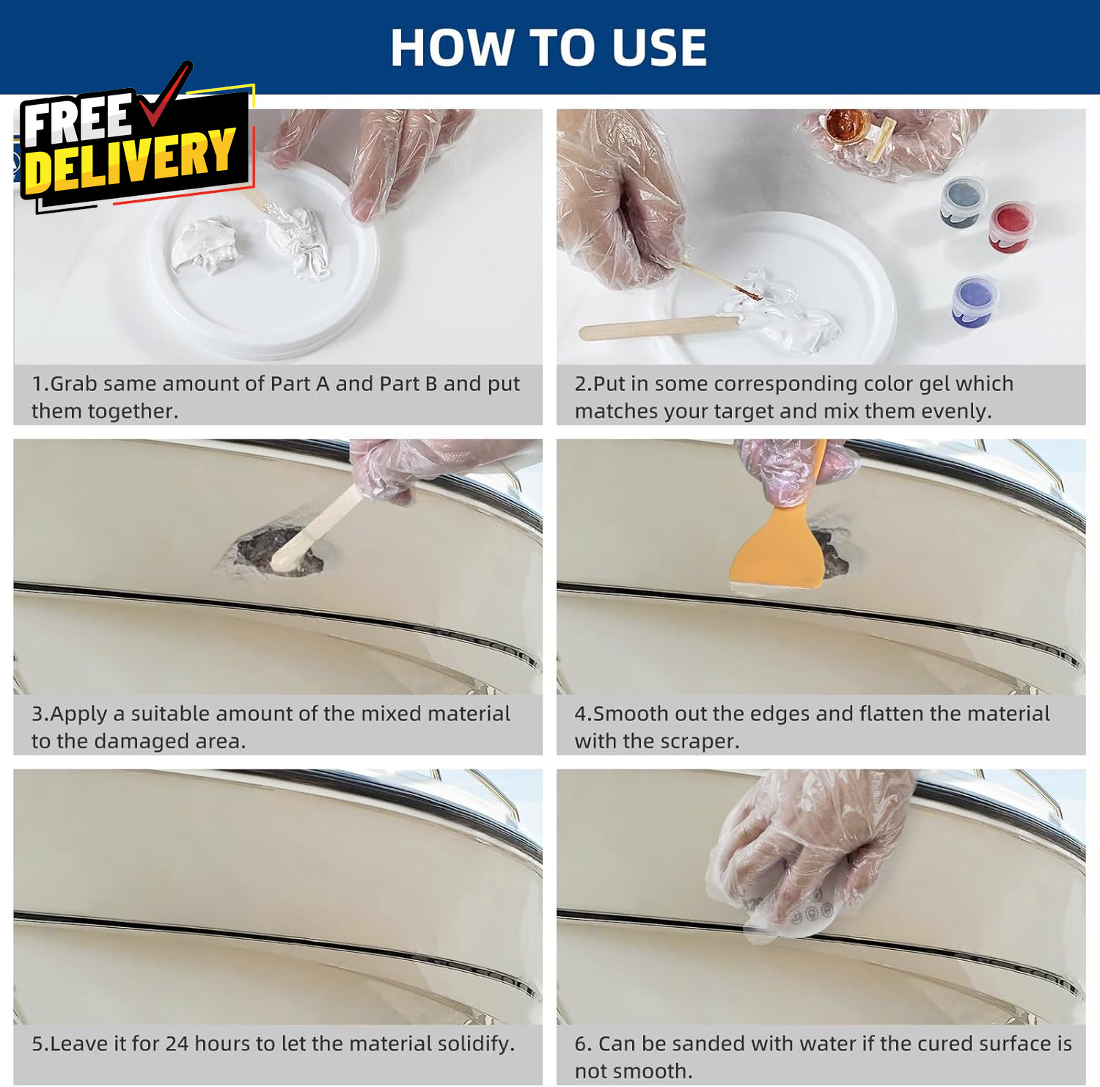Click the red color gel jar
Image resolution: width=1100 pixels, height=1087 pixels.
tap(1011, 227)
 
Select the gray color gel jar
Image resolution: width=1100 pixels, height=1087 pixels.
tap(963, 202)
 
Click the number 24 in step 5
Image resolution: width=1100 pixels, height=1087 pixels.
tap(177, 1043)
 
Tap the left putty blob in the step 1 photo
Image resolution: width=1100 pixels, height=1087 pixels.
tap(205, 245)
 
